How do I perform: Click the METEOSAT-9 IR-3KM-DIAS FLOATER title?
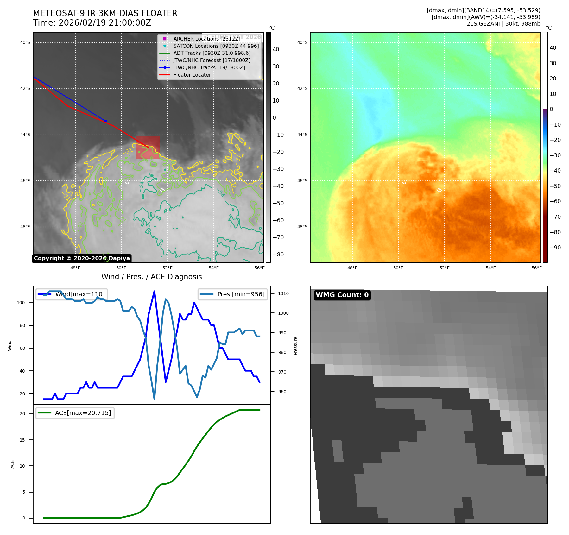(105, 13)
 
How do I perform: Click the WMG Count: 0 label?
(342, 295)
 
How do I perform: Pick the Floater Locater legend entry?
(192, 75)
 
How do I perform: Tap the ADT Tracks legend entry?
(212, 53)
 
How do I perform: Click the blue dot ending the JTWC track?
(106, 121)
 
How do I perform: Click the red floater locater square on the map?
(148, 147)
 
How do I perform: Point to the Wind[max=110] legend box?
(72, 294)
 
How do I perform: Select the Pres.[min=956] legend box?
(233, 294)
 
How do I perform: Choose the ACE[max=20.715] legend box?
(75, 413)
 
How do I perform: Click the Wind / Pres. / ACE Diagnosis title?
(151, 277)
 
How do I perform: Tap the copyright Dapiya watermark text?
(82, 258)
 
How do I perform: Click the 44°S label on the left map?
(25, 135)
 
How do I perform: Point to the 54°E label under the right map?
(490, 268)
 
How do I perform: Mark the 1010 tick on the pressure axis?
(283, 293)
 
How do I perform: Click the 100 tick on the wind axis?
(21, 303)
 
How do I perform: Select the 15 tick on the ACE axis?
(22, 440)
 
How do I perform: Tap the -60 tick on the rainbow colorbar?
(555, 201)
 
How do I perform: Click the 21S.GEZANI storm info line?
(503, 24)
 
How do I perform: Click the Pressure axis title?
(296, 346)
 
